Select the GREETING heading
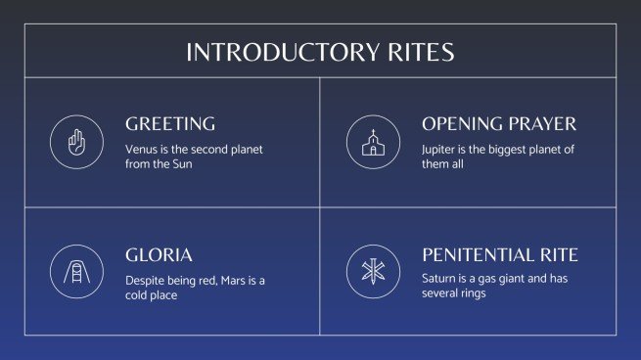[170, 124]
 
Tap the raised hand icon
[76, 142]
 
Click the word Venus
[141, 149]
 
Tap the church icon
[372, 142]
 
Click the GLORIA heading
[159, 255]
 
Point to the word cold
[139, 294]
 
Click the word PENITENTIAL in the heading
[481, 255]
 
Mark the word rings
[470, 294]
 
